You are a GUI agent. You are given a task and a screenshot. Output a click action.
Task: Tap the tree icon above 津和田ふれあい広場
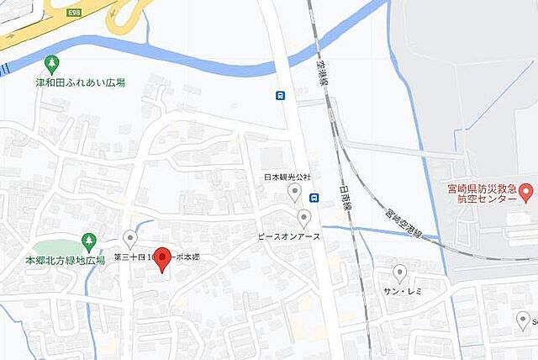click(x=52, y=64)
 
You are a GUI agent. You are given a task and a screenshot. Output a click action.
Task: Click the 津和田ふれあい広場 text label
click(x=81, y=82)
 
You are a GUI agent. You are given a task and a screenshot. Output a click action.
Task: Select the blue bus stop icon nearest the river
click(x=280, y=95)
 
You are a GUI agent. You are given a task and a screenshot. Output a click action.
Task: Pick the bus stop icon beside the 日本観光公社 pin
click(x=314, y=198)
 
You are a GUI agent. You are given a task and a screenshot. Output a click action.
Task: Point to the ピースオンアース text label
click(x=289, y=238)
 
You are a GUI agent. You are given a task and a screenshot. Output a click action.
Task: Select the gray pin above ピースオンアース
click(x=303, y=219)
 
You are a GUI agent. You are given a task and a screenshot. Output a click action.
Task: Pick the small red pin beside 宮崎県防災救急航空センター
click(x=526, y=192)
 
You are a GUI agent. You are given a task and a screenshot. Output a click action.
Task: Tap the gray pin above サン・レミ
click(x=400, y=273)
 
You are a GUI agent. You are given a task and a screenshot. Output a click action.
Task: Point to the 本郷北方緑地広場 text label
click(x=65, y=261)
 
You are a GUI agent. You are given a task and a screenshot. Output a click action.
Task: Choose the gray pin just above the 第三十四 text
click(x=129, y=239)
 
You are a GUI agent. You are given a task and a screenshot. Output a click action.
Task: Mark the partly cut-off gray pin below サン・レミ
click(x=523, y=320)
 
